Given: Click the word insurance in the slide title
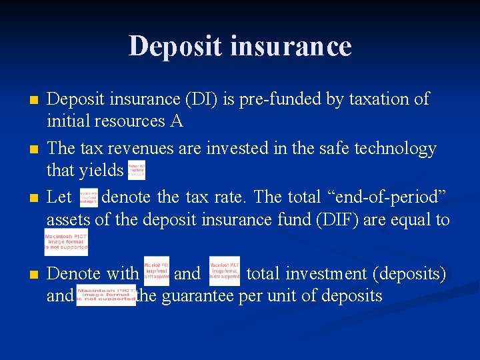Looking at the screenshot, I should point(283,46).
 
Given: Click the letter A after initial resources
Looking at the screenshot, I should point(176,121).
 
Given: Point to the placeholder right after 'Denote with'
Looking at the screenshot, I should point(157,271).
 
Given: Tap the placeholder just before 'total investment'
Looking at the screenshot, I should point(224,271).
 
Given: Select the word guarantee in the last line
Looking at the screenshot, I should point(197,295).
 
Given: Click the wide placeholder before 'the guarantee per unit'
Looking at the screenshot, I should point(106,295).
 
